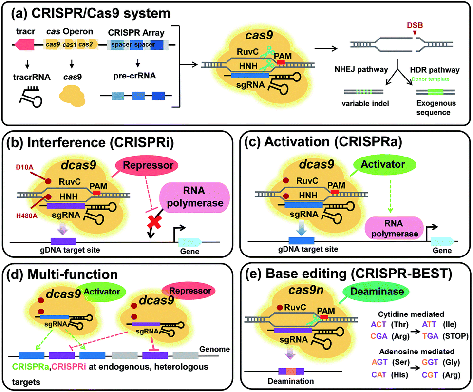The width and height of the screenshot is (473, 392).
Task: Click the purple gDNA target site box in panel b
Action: coord(63,241)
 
